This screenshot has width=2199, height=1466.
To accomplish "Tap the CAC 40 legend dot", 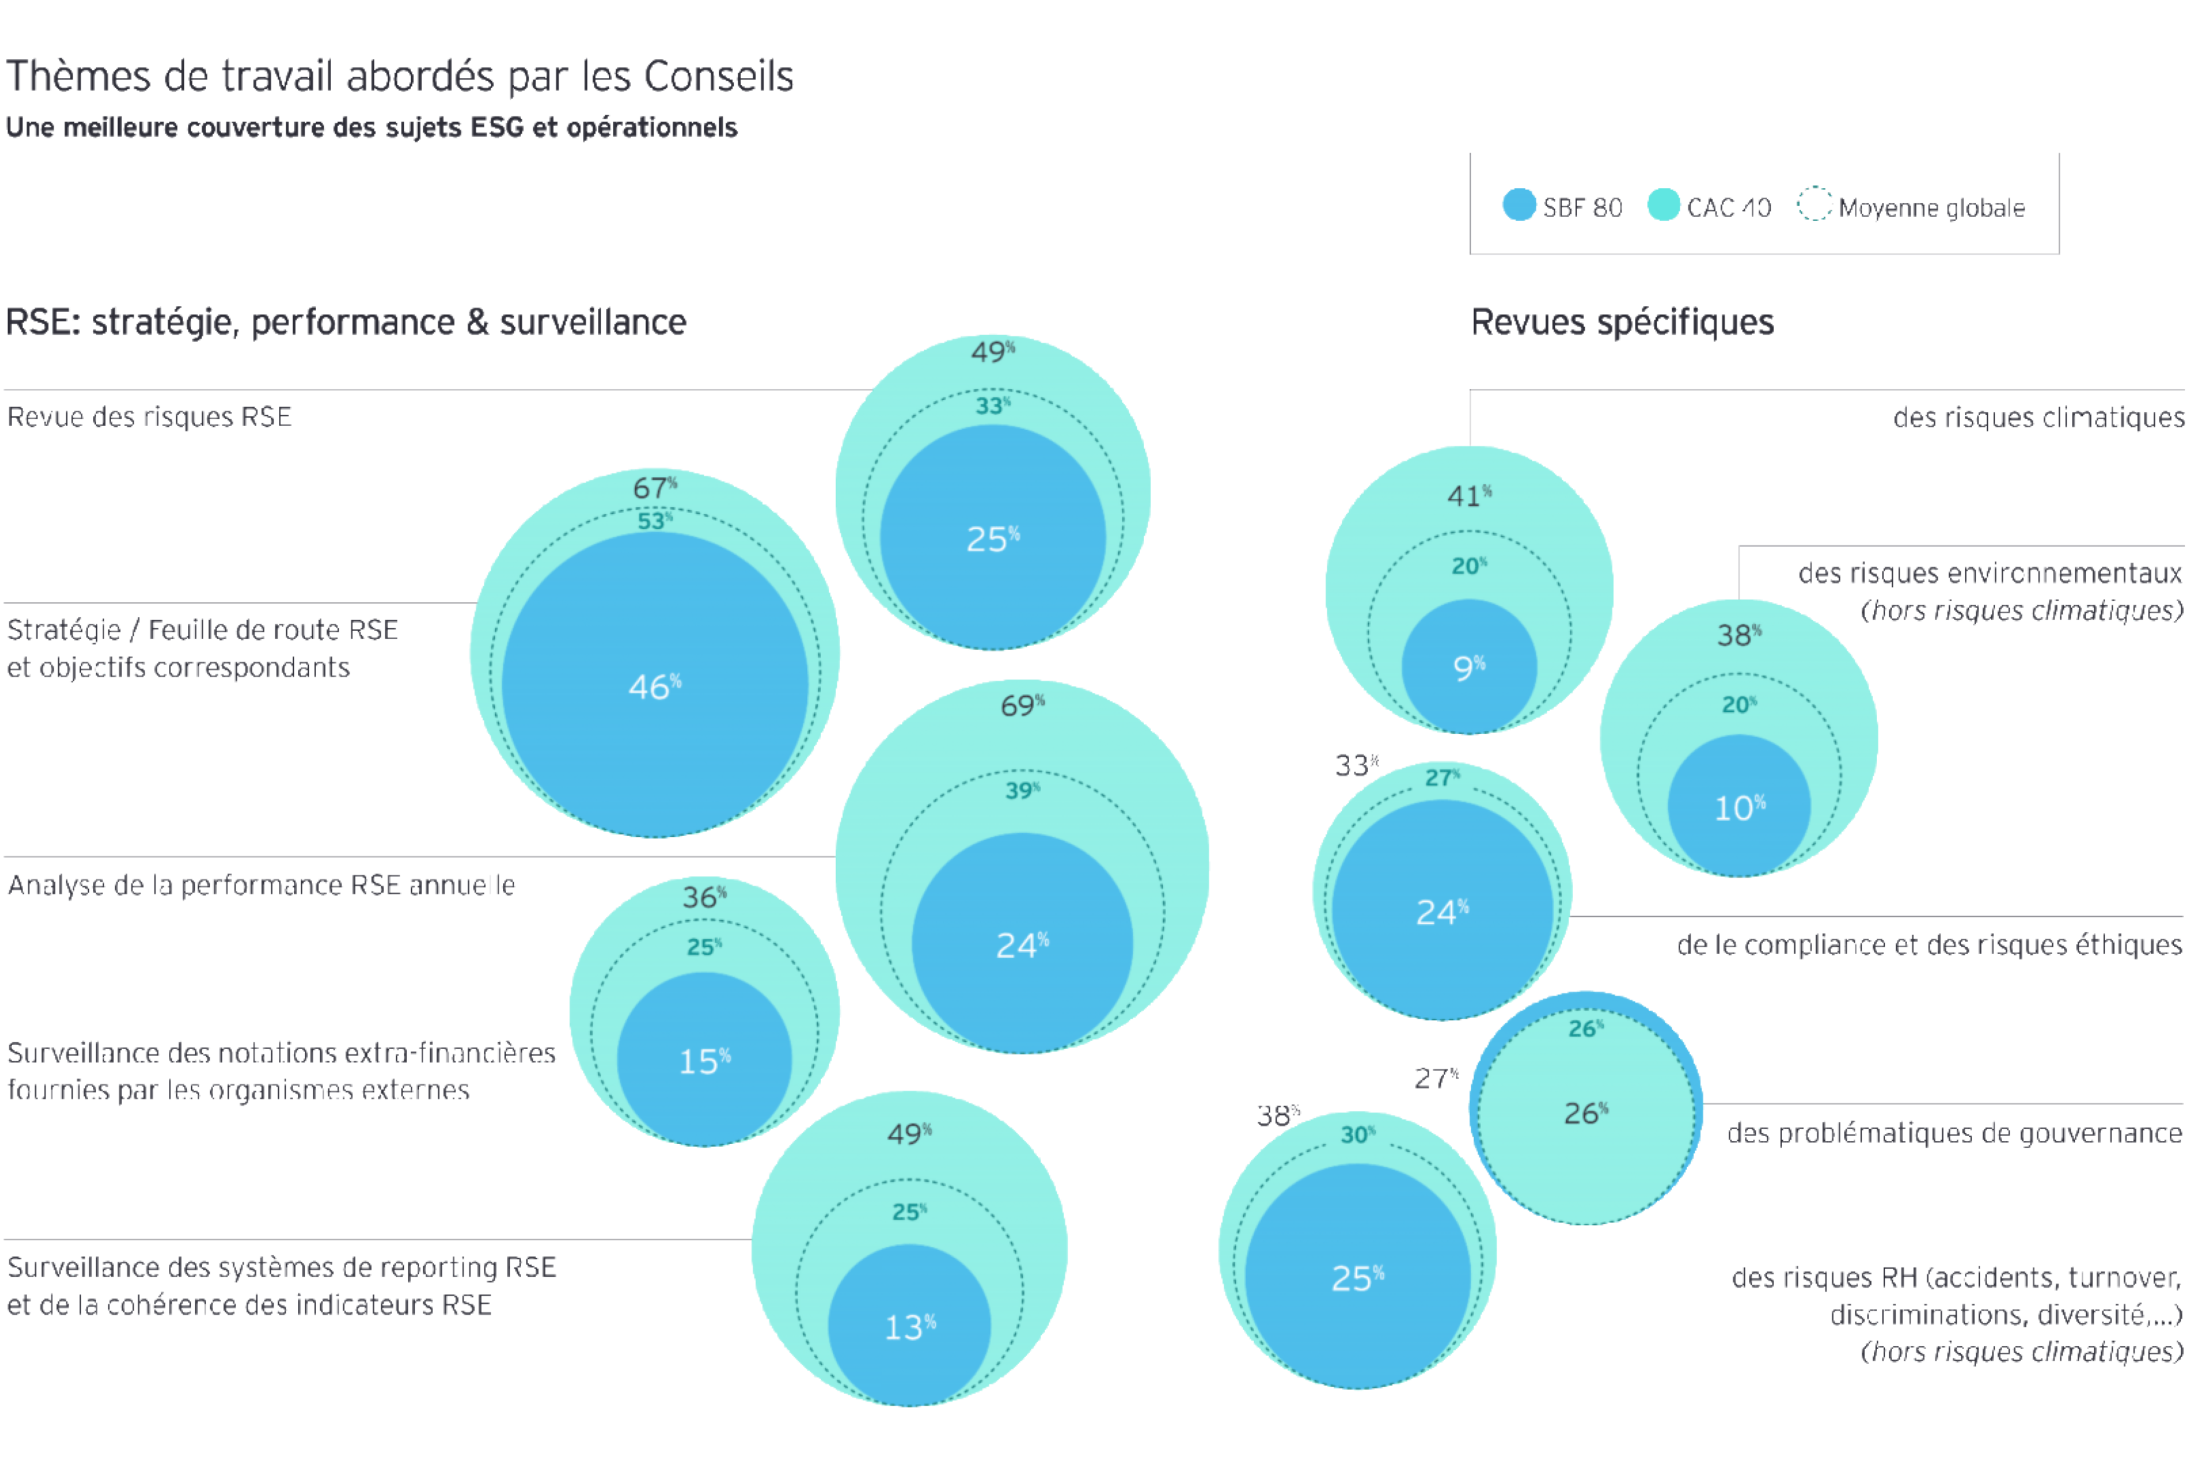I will (1663, 206).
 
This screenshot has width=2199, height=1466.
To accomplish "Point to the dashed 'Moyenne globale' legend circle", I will (1814, 206).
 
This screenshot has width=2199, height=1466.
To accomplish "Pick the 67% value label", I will (655, 487).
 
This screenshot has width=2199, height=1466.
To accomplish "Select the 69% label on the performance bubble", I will (1022, 705).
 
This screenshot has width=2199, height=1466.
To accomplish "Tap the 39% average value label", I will (1022, 791).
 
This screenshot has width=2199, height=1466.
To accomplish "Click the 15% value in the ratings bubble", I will (704, 1061).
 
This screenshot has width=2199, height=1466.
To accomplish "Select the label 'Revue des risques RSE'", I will (149, 417).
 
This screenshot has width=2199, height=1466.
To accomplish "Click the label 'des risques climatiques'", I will (2038, 417).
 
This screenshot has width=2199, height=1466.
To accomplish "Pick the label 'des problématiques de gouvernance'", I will (1954, 1133).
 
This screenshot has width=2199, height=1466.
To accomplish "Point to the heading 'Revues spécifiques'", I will (1622, 322).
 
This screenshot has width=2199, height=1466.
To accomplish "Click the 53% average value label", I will (655, 521).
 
